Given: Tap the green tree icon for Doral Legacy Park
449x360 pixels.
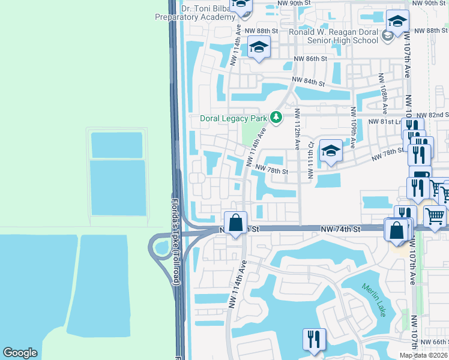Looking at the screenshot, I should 276,117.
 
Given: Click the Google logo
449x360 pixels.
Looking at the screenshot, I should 20,353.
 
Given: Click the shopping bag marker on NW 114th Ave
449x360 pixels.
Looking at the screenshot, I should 237,223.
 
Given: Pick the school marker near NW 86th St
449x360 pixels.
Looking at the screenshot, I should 259,48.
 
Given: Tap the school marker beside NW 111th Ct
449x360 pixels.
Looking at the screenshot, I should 330,151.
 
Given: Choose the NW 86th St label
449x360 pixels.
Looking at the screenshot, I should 310,59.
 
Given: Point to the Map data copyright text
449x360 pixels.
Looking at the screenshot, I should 423,355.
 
